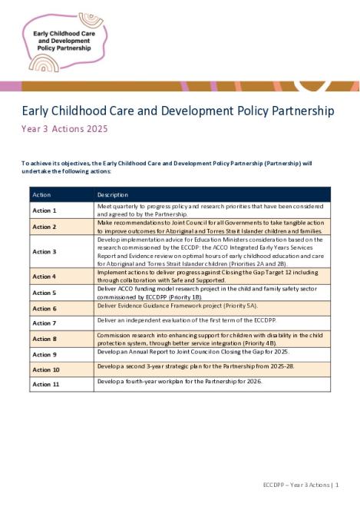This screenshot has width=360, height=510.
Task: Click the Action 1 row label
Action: click(44, 210)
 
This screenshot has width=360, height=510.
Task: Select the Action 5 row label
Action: click(44, 293)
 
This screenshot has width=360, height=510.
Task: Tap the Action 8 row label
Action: click(44, 339)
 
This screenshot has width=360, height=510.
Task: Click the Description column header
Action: click(113, 194)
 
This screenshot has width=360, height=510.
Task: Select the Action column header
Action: click(41, 194)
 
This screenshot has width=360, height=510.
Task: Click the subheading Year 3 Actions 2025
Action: click(64, 129)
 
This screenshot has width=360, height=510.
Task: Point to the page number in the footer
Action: click(336, 485)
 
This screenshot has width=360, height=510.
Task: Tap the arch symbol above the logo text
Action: click(91, 19)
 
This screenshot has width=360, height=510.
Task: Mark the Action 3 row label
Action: click(44, 251)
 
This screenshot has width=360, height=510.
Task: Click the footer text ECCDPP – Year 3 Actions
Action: click(296, 485)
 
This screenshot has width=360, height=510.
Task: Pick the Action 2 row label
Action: click(44, 227)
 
